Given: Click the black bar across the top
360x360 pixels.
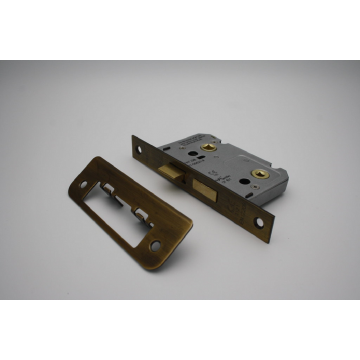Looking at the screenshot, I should coord(180,30).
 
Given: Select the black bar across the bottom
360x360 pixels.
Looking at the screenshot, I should coord(180,330).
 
